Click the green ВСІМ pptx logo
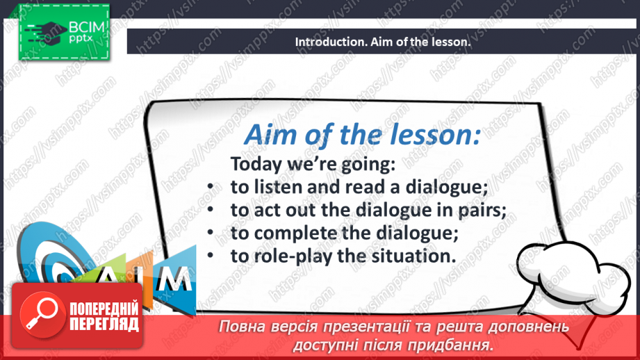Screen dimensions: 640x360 coord(64,32)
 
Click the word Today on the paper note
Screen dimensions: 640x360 coord(256,165)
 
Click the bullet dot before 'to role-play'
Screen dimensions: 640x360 coord(211,256)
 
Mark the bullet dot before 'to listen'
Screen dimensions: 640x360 coord(211,186)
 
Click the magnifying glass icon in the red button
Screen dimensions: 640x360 coord(42,314)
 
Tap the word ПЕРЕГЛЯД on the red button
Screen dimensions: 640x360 coord(104,324)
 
